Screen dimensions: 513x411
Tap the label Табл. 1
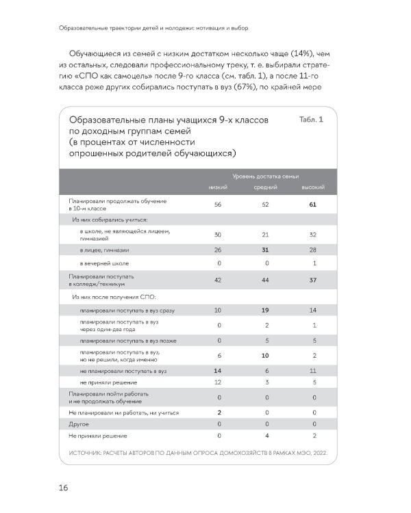pos(312,120)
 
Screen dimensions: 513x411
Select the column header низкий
pos(218,187)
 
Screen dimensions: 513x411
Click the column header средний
pos(266,187)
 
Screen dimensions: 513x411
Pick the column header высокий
pos(313,187)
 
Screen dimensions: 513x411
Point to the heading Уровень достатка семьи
pos(266,175)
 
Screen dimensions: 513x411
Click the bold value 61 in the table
pos(313,205)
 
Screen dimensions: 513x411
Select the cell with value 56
pos(218,205)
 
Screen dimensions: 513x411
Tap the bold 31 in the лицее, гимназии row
pos(266,250)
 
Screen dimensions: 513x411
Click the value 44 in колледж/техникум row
pos(266,280)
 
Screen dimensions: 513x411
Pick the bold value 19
pos(266,311)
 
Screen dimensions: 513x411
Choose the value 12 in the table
pos(218,382)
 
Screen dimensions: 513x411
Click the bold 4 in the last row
pos(266,435)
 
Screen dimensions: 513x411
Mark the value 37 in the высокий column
pos(313,280)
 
